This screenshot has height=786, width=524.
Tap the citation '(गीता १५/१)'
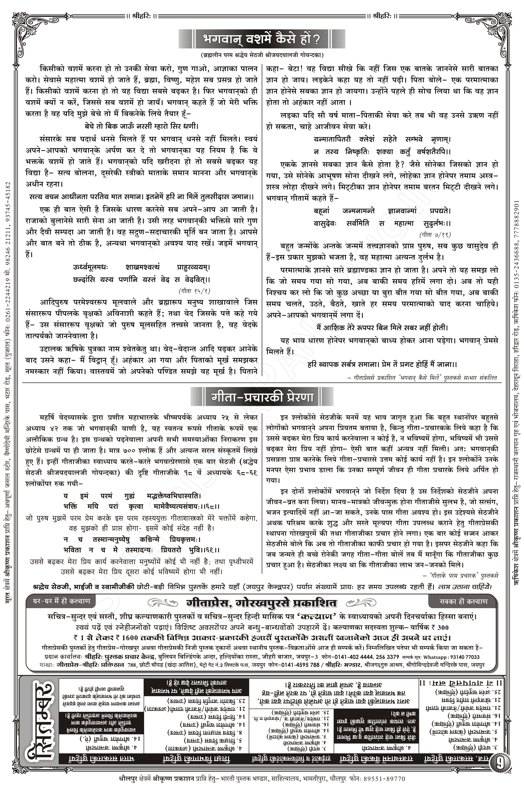point(194,290)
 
